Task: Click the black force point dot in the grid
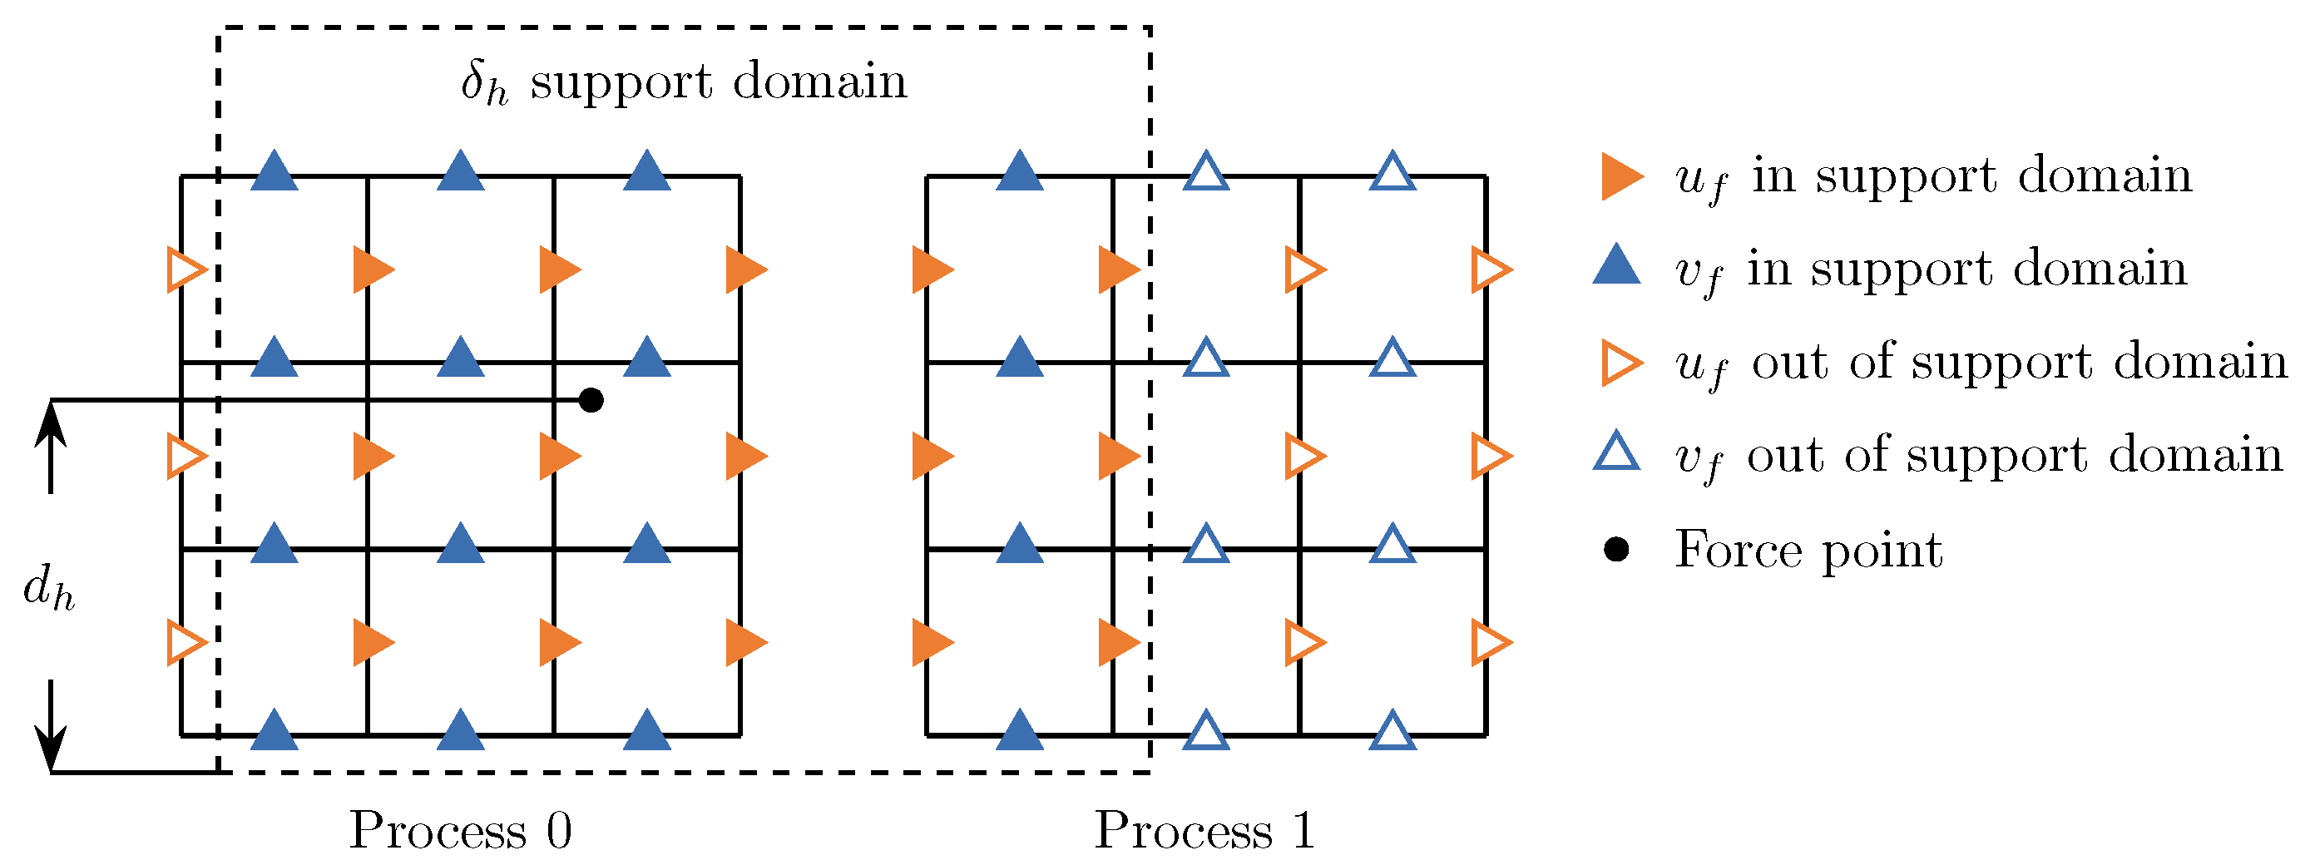(591, 400)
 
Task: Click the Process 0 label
(460, 830)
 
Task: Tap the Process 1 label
(1204, 830)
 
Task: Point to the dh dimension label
(48, 590)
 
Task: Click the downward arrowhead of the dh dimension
(51, 751)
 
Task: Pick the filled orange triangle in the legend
(1620, 176)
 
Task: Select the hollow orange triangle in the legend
(1620, 363)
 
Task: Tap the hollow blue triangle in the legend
(1616, 452)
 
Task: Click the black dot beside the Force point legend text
(1616, 549)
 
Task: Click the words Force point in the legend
(1808, 549)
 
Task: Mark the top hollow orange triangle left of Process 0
(185, 269)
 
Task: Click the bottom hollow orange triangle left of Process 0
(185, 642)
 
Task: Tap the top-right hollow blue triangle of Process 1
(1392, 171)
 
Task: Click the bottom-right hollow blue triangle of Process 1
(1392, 731)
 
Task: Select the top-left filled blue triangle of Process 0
(274, 171)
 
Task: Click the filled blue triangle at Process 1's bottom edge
(1019, 731)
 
